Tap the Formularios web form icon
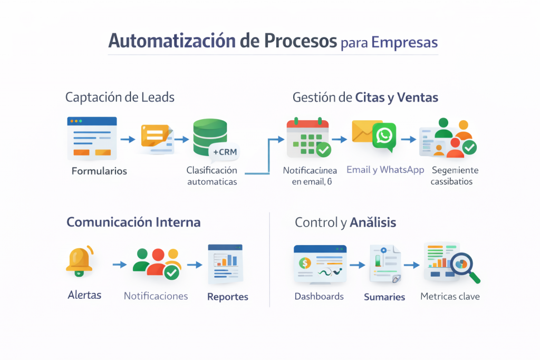[92, 138]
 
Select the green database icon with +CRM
[209, 138]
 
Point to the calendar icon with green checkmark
[308, 139]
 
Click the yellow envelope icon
[364, 132]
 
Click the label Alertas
[84, 295]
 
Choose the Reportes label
[227, 297]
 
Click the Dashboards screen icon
[320, 263]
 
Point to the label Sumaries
[384, 297]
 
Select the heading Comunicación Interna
[133, 222]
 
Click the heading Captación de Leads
[120, 98]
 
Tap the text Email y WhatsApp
[385, 170]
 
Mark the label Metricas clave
[450, 296]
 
